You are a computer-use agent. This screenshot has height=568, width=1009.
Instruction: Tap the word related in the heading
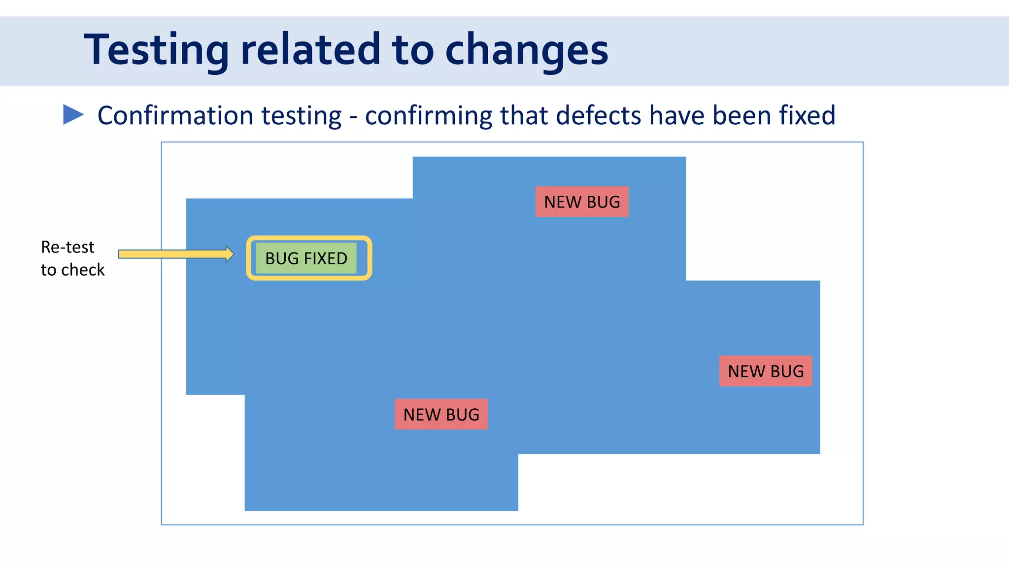(310, 50)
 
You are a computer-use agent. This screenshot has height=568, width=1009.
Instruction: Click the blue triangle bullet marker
(72, 114)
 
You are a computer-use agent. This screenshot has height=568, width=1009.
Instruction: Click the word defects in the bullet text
(598, 115)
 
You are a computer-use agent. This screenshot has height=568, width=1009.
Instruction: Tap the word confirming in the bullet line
(428, 116)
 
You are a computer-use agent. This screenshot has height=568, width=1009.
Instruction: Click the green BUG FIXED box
(306, 258)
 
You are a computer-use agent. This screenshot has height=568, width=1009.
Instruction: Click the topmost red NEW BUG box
(582, 202)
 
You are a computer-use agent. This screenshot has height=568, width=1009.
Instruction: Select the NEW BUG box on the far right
(765, 371)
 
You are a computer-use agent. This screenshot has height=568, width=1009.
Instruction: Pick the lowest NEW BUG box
(441, 414)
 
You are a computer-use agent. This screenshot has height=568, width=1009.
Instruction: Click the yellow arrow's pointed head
(230, 254)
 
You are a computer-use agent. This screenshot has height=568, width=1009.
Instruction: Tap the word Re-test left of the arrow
(67, 247)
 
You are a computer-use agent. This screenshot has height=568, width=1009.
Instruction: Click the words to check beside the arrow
(72, 270)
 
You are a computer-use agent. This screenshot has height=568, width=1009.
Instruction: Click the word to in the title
(413, 50)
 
